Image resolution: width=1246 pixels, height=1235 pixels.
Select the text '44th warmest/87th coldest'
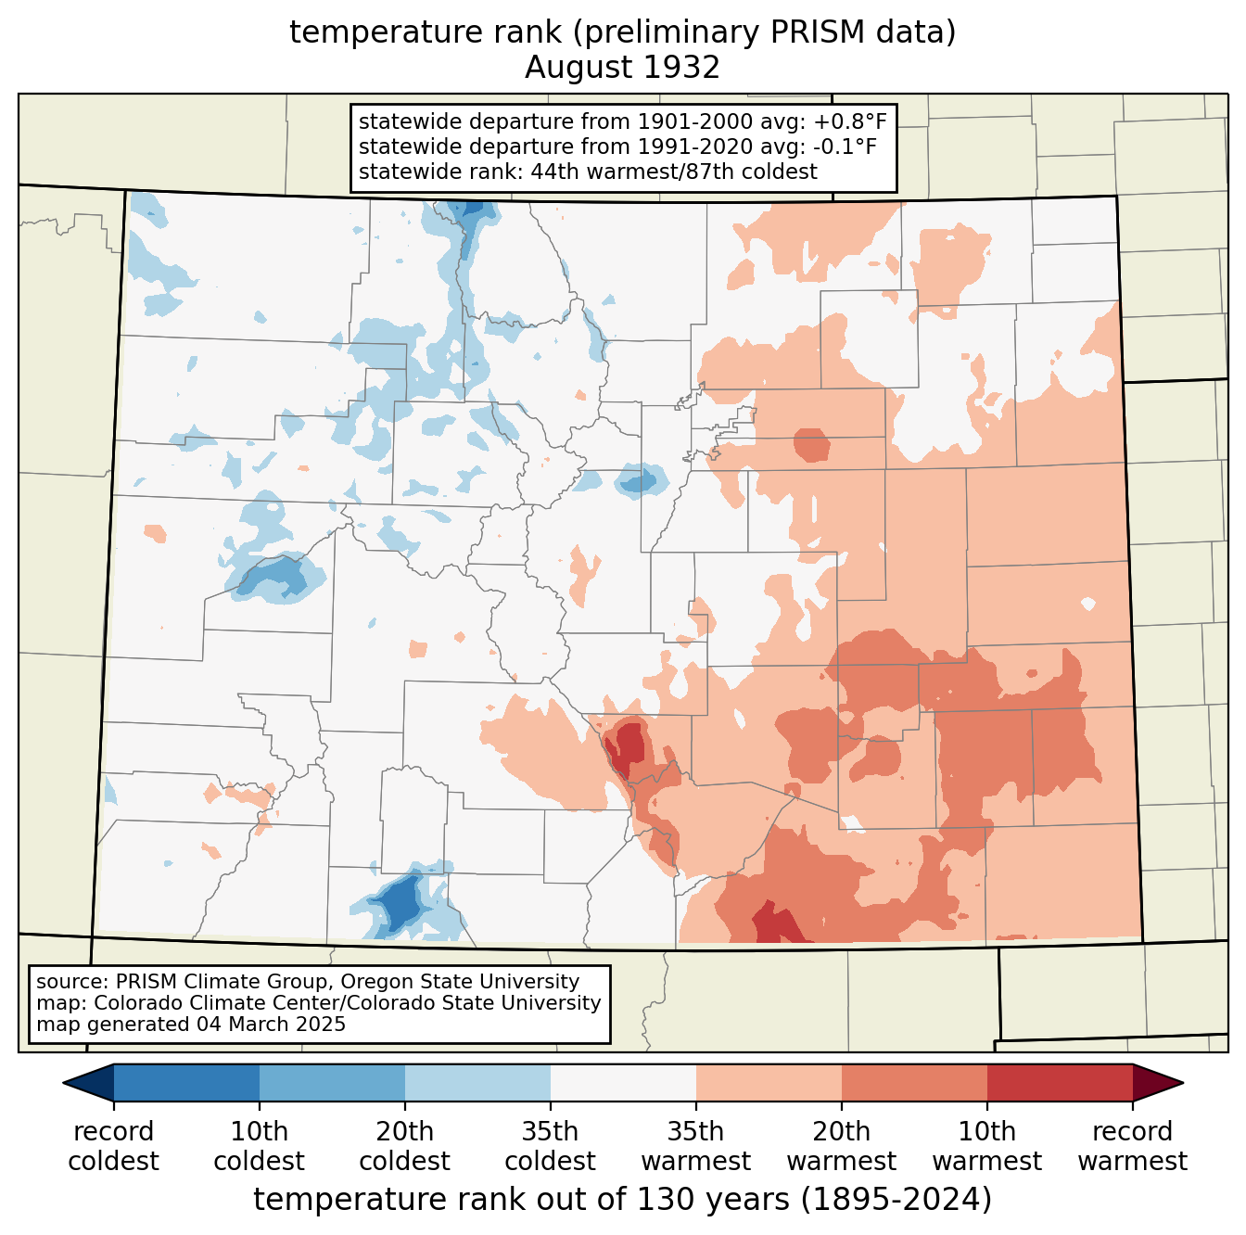pos(673,172)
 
